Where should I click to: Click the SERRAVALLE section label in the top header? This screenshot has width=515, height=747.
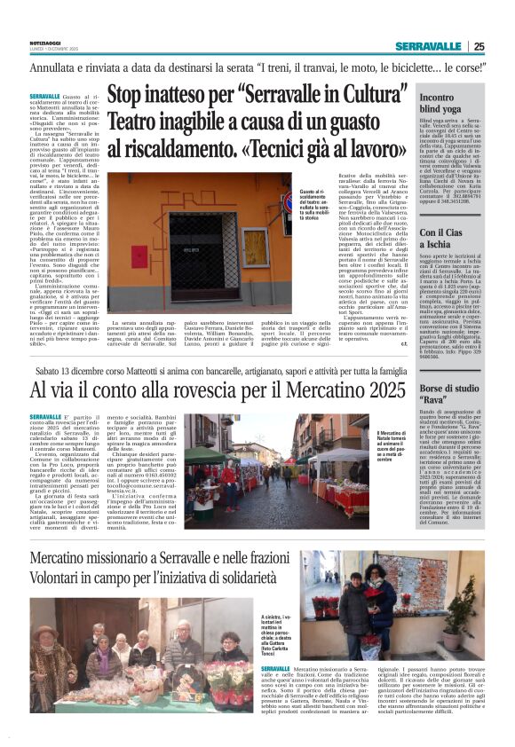(x=428, y=46)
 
